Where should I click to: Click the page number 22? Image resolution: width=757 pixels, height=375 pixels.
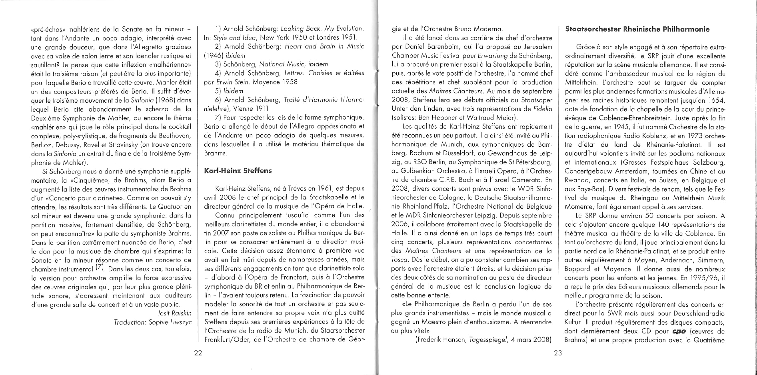point(198,353)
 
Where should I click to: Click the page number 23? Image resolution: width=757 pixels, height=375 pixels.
point(558,353)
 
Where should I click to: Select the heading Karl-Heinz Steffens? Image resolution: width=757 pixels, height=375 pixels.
point(238,171)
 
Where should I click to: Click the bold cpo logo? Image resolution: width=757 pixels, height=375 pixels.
point(679,331)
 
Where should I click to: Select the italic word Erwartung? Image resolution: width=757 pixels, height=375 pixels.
point(485,56)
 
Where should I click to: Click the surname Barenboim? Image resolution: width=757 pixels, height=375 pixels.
point(443,47)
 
